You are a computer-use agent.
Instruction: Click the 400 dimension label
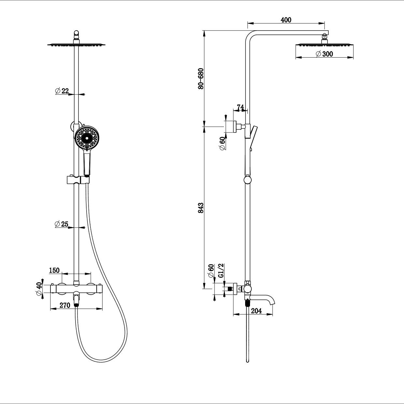pos(286,20)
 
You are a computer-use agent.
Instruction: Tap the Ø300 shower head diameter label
pos(325,54)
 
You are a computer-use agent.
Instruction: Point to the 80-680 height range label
pos(201,78)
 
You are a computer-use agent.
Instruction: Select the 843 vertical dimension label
pos(201,208)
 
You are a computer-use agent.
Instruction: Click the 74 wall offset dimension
pos(240,107)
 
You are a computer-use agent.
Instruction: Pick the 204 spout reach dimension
pos(257,311)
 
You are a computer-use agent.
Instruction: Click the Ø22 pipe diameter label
pos(62,91)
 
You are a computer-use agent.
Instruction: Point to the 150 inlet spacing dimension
pos(54,270)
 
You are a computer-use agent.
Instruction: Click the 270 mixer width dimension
pos(65,305)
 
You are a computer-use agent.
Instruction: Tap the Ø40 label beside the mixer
pos(39,289)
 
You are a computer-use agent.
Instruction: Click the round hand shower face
pos(87,139)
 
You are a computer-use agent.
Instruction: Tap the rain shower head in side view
pos(324,45)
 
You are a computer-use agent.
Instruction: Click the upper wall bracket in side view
pos(232,127)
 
